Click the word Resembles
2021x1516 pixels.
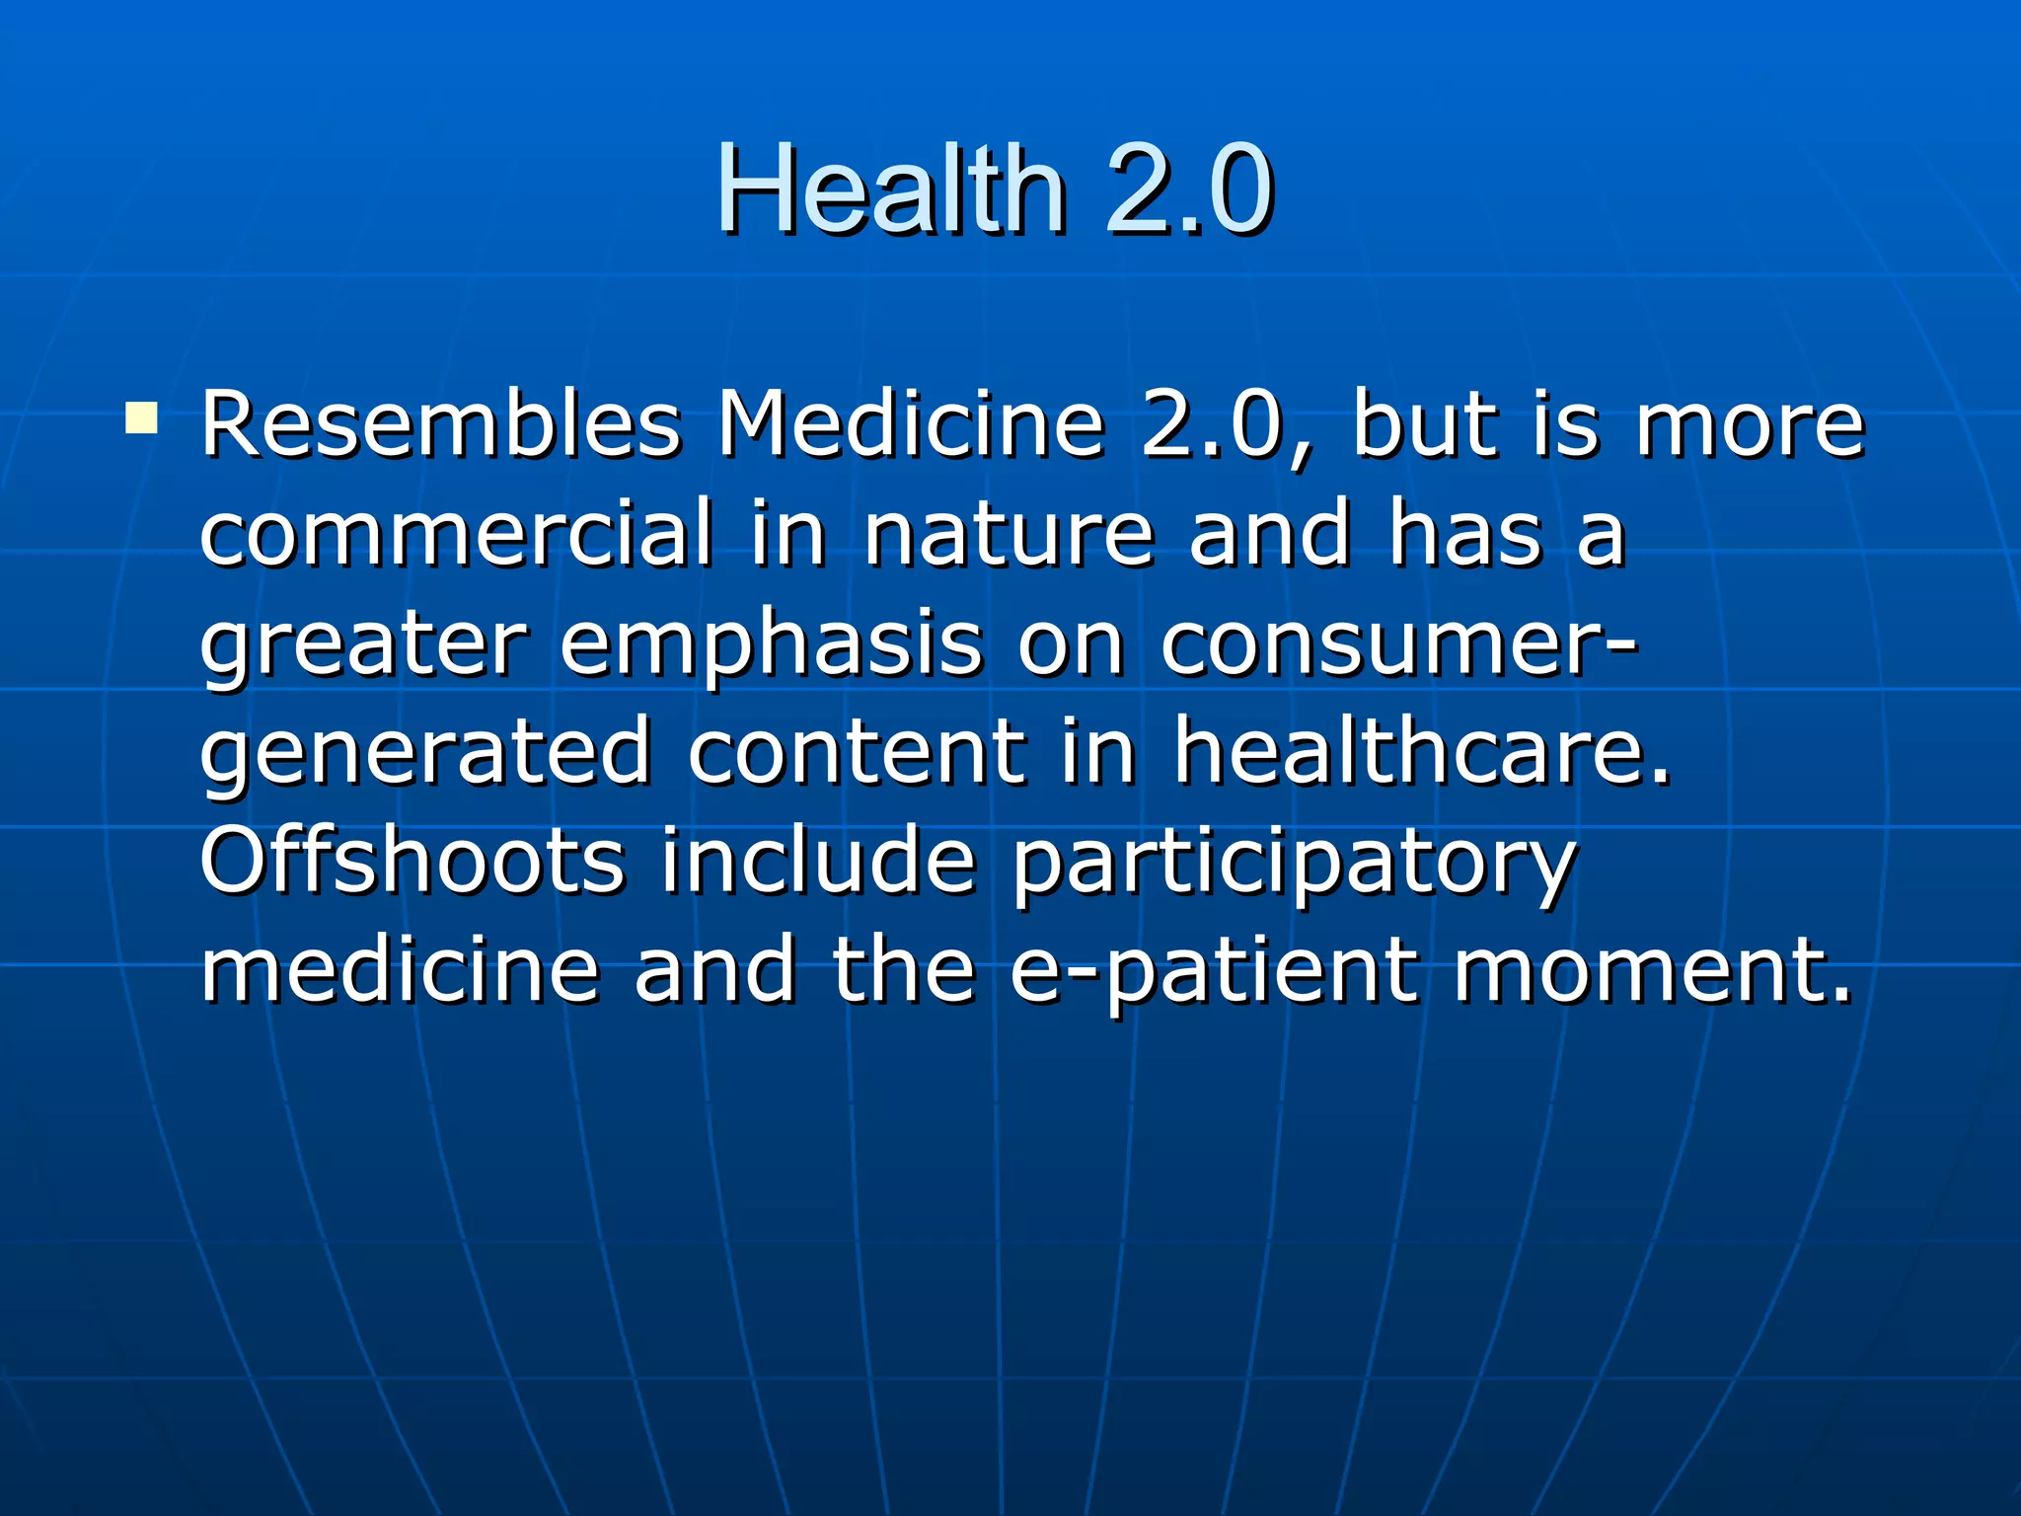coord(441,425)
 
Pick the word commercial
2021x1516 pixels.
coord(456,534)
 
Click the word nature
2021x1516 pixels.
coord(1008,534)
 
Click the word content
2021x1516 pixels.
coord(856,752)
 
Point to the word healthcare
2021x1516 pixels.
coord(1421,752)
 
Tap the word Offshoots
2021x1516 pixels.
coord(412,861)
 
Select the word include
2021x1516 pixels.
coord(818,861)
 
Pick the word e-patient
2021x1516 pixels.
coord(1215,972)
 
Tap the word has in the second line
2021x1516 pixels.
coord(1464,534)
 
